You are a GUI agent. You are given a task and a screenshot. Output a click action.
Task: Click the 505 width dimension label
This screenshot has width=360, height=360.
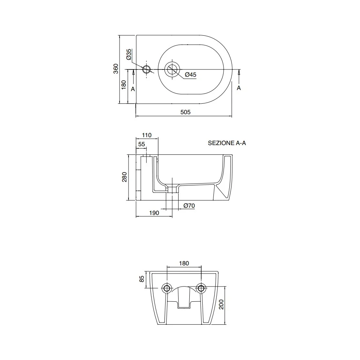(185, 112)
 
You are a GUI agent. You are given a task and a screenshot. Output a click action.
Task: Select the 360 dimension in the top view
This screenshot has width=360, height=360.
(116, 69)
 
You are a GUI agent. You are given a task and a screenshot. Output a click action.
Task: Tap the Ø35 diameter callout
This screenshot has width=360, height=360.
(129, 54)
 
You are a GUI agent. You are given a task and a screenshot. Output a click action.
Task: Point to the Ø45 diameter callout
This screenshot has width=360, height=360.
(190, 75)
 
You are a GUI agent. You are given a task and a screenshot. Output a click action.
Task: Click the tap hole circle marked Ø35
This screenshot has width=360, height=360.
(147, 69)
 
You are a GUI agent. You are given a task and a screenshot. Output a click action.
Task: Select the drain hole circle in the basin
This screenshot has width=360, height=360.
(172, 69)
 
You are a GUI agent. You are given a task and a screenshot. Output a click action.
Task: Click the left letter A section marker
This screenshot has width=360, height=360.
(133, 89)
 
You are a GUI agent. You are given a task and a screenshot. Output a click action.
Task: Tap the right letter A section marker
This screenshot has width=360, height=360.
(239, 88)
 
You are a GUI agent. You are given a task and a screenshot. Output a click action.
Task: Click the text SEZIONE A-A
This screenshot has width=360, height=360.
(227, 143)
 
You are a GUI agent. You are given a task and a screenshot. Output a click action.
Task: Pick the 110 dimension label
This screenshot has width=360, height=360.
(147, 135)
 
